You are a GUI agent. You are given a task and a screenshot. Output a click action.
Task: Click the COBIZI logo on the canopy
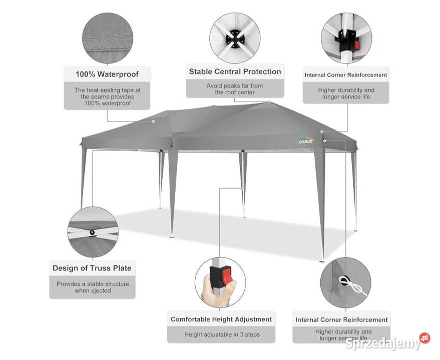pyautogui.click(x=306, y=140)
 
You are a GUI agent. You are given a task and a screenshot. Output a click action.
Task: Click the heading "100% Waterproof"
pyautogui.click(x=107, y=74)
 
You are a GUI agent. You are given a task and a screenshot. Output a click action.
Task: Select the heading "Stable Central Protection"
pyautogui.click(x=235, y=72)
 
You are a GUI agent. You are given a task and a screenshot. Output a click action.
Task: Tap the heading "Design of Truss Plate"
pyautogui.click(x=92, y=268)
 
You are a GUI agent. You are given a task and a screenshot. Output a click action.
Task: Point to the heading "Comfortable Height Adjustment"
pyautogui.click(x=221, y=319)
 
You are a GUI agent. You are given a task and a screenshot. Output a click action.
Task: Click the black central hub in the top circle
pyautogui.click(x=235, y=38)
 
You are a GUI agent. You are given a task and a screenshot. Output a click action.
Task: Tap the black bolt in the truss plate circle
pyautogui.click(x=92, y=232)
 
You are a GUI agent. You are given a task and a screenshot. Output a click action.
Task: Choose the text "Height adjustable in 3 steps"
pyautogui.click(x=222, y=334)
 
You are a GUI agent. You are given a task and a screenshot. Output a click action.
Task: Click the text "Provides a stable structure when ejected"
pyautogui.click(x=93, y=287)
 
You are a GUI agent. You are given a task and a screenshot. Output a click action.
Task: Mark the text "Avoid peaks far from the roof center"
pyautogui.click(x=235, y=89)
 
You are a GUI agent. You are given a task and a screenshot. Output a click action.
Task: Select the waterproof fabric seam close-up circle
pyautogui.click(x=108, y=38)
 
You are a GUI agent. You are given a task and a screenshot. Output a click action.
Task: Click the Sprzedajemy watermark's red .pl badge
pyautogui.click(x=424, y=338)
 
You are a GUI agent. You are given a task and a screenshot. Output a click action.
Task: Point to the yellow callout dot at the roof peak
pyautogui.click(x=268, y=101)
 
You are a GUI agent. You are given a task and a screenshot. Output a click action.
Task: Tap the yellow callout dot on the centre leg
pyautogui.click(x=243, y=188)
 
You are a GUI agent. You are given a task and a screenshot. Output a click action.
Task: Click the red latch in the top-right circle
pyautogui.click(x=357, y=45)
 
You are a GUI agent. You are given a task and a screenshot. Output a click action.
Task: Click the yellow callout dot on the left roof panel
pyautogui.click(x=153, y=121)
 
